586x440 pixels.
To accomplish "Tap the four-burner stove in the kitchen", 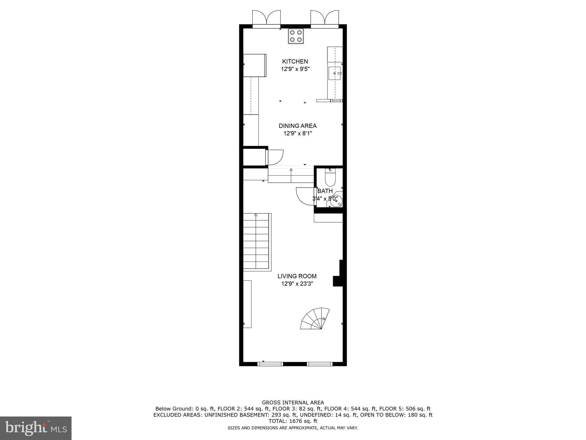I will pyautogui.click(x=296, y=36).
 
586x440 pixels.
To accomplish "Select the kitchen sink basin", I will pyautogui.click(x=334, y=73).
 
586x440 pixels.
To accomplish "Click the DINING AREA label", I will pyautogui.click(x=298, y=126).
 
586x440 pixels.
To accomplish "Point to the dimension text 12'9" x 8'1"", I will pyautogui.click(x=298, y=133).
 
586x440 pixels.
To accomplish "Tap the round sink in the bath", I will pyautogui.click(x=335, y=201).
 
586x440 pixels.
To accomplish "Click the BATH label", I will pyautogui.click(x=325, y=191).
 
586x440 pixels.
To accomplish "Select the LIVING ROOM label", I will pyautogui.click(x=297, y=276).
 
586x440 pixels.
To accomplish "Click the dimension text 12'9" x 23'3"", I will pyautogui.click(x=297, y=284).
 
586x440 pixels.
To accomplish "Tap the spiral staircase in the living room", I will pyautogui.click(x=315, y=319).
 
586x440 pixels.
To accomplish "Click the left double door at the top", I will pyautogui.click(x=266, y=19).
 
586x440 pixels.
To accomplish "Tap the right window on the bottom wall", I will pyautogui.click(x=320, y=364).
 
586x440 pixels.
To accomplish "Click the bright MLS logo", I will pyautogui.click(x=36, y=428).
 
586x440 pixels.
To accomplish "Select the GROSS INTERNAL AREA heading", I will pyautogui.click(x=293, y=402).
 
